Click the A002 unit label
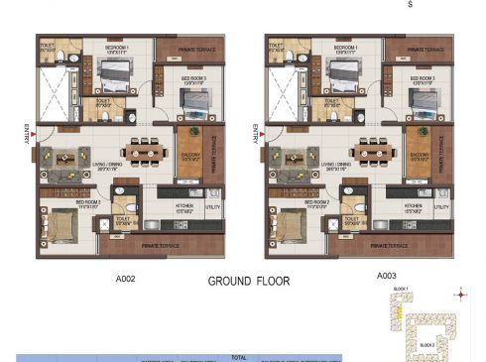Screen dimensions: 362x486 coord(124,279)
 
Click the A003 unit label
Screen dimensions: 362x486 coord(387,279)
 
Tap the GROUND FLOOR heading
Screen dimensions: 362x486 coord(249,281)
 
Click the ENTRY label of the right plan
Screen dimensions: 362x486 coord(256,133)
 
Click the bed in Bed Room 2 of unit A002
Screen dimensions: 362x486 coord(62,228)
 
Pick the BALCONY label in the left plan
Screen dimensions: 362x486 coord(190,156)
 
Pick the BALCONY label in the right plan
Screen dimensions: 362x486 coord(420,156)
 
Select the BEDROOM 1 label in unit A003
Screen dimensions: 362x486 coord(346,47)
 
